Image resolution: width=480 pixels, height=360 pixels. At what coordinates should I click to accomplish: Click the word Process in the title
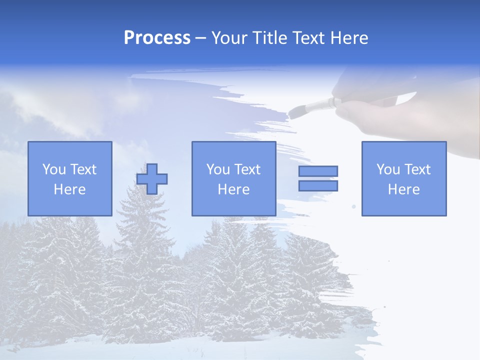click(157, 38)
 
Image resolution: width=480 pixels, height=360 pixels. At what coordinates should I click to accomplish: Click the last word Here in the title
click(348, 38)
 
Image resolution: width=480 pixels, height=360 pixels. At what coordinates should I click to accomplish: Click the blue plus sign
click(152, 178)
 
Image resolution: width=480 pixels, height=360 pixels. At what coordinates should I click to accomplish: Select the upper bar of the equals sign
click(318, 171)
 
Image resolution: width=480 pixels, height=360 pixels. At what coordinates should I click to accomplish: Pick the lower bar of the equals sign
click(318, 186)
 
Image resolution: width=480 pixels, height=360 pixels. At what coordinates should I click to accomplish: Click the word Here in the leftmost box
click(69, 189)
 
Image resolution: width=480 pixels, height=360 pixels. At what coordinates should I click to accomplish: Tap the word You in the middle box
click(218, 169)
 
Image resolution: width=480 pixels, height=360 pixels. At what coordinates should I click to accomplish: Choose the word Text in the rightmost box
click(418, 169)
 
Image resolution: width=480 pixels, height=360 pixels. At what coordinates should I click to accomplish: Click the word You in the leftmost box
click(54, 169)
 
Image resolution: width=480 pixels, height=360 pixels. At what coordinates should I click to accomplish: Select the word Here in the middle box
click(233, 189)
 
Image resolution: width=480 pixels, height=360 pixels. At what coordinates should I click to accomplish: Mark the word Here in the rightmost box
click(403, 189)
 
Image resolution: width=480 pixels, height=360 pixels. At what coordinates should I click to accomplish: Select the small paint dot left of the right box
click(354, 206)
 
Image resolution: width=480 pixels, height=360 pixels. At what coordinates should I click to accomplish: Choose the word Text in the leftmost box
click(83, 169)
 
